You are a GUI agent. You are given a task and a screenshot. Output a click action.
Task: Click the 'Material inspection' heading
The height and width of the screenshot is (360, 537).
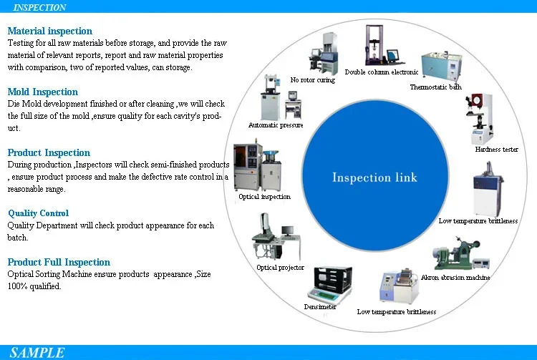[50, 31]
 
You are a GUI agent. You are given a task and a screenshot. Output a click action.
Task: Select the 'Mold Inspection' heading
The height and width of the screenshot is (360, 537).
[43, 92]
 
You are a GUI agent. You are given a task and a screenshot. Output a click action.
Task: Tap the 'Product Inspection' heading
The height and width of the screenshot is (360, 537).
[49, 153]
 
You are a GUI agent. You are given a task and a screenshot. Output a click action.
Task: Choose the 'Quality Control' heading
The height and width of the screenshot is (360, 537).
[39, 213]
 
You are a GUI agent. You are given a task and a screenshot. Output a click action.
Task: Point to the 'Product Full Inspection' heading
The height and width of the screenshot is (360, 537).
[59, 263]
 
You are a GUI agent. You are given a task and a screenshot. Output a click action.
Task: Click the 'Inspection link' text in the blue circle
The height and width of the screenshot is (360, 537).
[374, 177]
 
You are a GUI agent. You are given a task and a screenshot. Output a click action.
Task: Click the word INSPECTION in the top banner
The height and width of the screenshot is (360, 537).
[40, 7]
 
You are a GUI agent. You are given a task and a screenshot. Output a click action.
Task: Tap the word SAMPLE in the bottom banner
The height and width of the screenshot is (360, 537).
[37, 352]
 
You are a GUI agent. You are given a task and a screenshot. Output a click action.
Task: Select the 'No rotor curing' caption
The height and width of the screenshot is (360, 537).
[312, 80]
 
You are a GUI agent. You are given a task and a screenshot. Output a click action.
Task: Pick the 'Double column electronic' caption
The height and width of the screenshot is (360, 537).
[382, 72]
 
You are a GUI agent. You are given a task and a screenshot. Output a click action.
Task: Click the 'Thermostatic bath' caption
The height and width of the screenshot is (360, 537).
[435, 87]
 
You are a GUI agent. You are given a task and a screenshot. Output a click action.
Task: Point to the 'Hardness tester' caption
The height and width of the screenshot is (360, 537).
[496, 150]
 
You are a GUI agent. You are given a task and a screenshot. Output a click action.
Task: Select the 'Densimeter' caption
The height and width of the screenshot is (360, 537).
[321, 306]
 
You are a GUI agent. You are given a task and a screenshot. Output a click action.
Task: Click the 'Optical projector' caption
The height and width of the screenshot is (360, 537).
[281, 268]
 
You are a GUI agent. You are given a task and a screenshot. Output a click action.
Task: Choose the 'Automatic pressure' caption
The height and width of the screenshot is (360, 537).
[276, 125]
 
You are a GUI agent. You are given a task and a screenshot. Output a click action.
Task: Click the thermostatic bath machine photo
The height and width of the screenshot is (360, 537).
[440, 66]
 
